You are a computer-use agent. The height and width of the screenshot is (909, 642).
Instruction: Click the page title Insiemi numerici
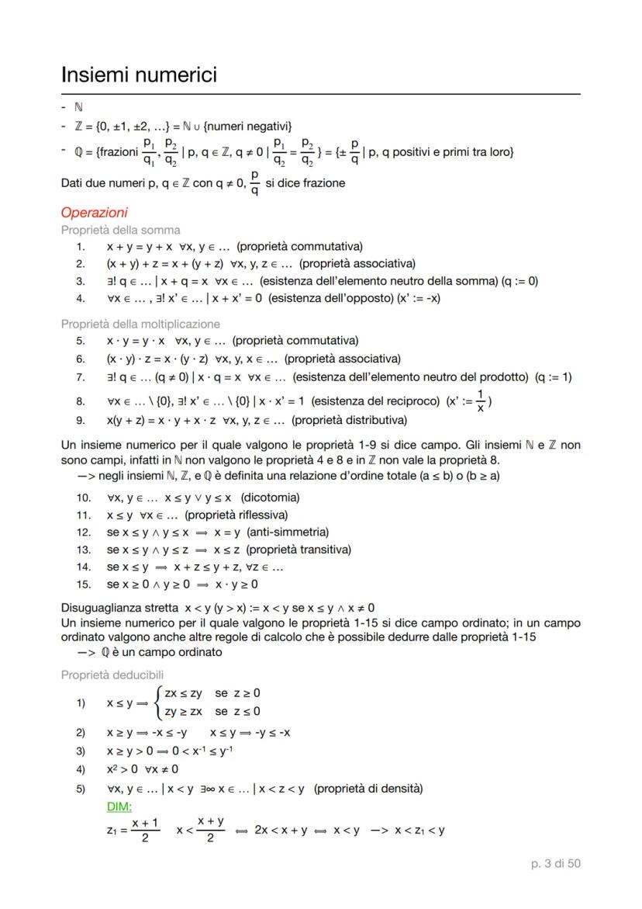[139, 75]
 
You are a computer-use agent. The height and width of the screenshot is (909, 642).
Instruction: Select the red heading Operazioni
[94, 213]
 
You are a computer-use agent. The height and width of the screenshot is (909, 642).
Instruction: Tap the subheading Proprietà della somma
[120, 230]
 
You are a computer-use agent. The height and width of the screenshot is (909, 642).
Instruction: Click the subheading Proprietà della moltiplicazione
[140, 324]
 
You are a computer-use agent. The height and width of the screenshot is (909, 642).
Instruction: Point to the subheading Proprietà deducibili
[116, 675]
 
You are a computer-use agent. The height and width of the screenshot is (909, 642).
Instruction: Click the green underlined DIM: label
[120, 807]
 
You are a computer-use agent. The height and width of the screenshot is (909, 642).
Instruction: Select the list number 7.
[80, 377]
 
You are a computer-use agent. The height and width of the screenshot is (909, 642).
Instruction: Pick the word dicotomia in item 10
[270, 497]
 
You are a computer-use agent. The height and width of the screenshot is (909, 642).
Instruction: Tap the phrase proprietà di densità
[368, 789]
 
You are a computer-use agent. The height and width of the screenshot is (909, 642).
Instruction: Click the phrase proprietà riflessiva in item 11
[236, 515]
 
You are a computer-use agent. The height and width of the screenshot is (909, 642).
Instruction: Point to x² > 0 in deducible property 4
[122, 769]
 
